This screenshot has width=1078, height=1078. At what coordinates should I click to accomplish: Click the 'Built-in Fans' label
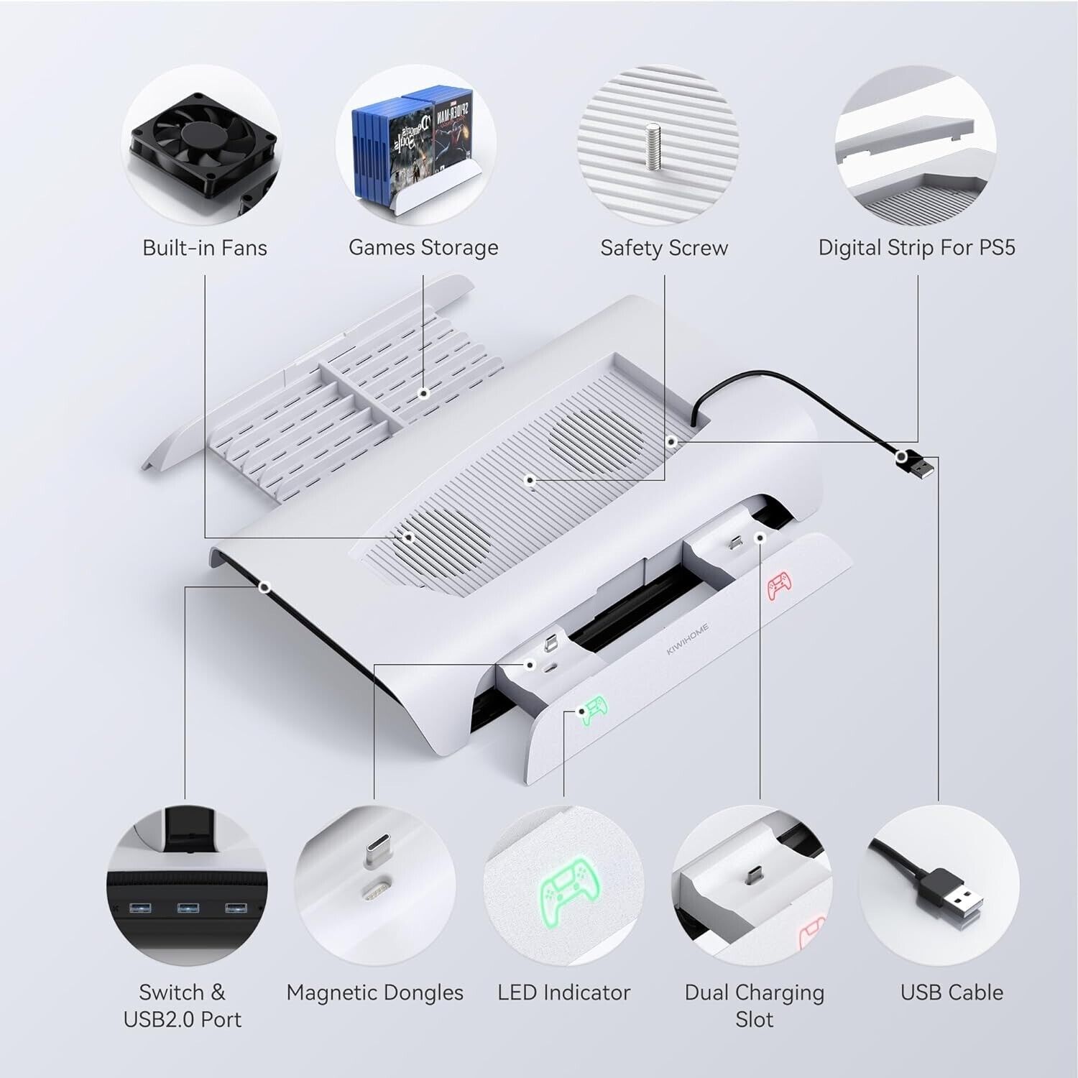coord(205,248)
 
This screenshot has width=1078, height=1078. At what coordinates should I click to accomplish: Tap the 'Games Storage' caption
coord(423,248)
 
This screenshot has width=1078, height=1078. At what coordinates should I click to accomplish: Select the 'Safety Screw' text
coord(664,249)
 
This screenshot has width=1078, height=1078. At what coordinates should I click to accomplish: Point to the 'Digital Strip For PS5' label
coord(917,248)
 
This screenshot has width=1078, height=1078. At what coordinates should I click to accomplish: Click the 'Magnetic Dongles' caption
coord(374,993)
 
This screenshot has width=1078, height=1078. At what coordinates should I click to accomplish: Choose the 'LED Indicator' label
coord(564,992)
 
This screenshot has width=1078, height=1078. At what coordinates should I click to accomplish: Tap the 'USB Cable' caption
coord(952,992)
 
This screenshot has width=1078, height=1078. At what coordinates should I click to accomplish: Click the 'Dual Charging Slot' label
coord(755,1005)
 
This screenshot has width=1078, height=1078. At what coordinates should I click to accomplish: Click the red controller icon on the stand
coord(778,586)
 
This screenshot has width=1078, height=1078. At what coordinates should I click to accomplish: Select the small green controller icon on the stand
coord(594,711)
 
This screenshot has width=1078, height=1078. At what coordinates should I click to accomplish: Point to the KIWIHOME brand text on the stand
coord(687,639)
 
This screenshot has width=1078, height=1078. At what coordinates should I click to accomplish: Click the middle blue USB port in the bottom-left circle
coord(188,909)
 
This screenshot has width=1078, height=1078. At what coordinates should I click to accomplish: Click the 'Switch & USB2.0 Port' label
coord(183,1005)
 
